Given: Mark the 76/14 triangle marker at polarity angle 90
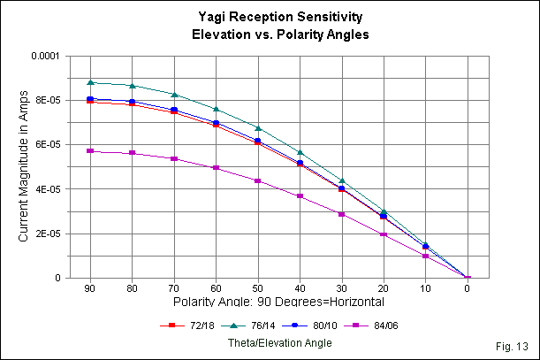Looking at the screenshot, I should coord(90,82).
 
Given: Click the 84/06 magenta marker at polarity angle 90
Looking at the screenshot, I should coord(90,151).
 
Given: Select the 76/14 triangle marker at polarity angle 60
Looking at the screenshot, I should coord(217,109).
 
